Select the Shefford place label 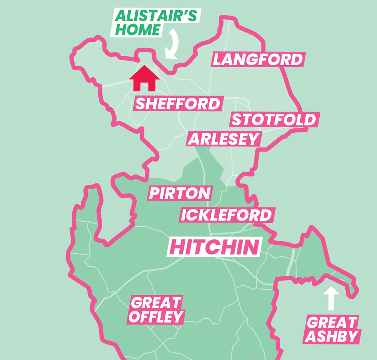[178, 104]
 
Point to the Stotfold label [274, 120]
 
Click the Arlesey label [224, 139]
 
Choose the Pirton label [180, 193]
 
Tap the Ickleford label [226, 215]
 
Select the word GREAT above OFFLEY [156, 302]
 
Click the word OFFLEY [156, 317]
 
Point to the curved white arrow [174, 44]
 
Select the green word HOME [138, 29]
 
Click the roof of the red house [144, 72]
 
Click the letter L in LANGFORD [218, 60]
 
